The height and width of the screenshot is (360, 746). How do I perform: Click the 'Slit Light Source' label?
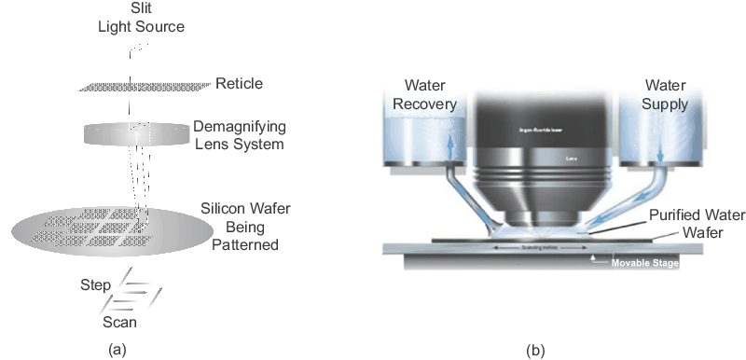[136, 18]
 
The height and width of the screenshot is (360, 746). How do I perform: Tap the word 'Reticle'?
[239, 84]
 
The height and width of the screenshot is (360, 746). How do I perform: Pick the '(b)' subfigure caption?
[536, 350]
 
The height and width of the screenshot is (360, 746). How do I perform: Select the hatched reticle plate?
[140, 86]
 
